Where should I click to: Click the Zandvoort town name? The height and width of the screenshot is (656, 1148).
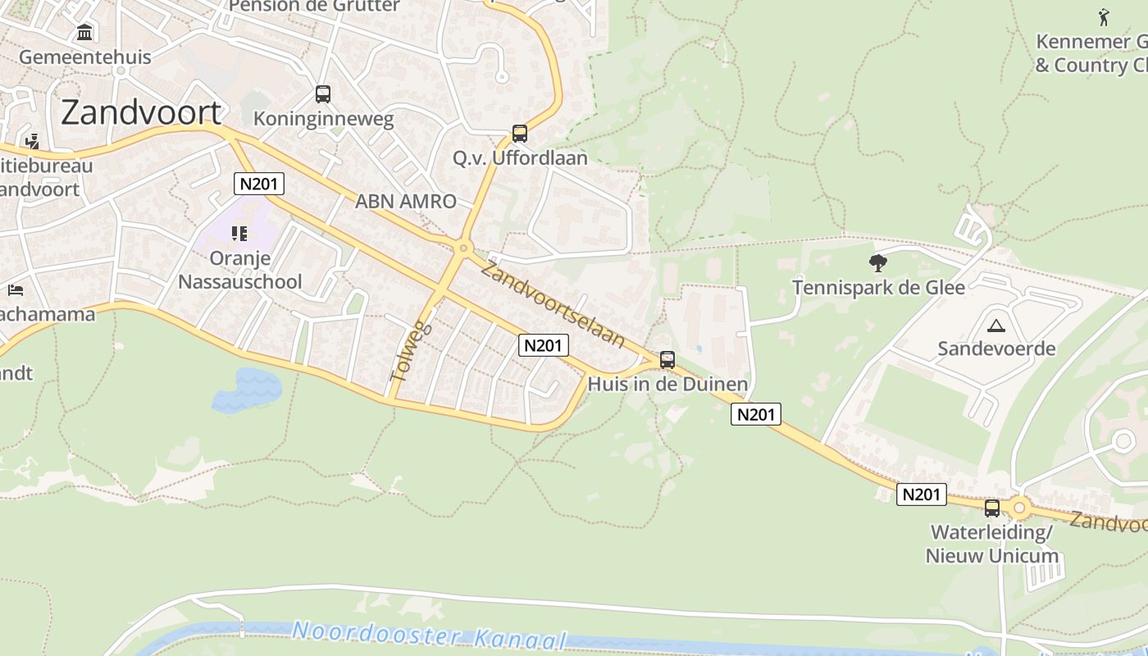[x=141, y=112]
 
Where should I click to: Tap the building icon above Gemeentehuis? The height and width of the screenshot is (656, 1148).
[x=84, y=33]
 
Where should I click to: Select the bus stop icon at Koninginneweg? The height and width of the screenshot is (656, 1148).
[x=323, y=94]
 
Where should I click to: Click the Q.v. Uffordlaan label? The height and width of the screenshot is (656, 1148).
[x=520, y=157]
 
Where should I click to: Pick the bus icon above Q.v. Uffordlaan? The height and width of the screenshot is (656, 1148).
[x=519, y=133]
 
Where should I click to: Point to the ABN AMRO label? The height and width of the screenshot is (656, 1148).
[x=405, y=201]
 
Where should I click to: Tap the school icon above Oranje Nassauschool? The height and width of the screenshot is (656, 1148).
[x=239, y=235]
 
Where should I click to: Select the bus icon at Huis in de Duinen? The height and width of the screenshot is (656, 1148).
[x=667, y=359]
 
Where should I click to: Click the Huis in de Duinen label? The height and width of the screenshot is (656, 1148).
[x=667, y=384]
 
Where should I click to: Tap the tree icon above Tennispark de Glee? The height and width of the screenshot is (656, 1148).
[x=878, y=263]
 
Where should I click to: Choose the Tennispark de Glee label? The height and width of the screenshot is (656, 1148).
[x=878, y=288]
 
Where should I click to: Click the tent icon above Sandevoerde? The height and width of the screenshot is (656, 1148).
[x=996, y=326]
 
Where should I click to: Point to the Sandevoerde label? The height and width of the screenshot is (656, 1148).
[x=996, y=349]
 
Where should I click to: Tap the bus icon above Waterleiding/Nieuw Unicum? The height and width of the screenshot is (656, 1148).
[x=992, y=508]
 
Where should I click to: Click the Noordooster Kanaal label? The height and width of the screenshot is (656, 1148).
[x=430, y=635]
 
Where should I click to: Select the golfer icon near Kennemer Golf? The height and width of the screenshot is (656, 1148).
[x=1104, y=16]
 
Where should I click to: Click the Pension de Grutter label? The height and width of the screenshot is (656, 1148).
[x=314, y=6]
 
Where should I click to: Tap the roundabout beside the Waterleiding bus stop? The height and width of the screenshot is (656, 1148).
[x=1019, y=508]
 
